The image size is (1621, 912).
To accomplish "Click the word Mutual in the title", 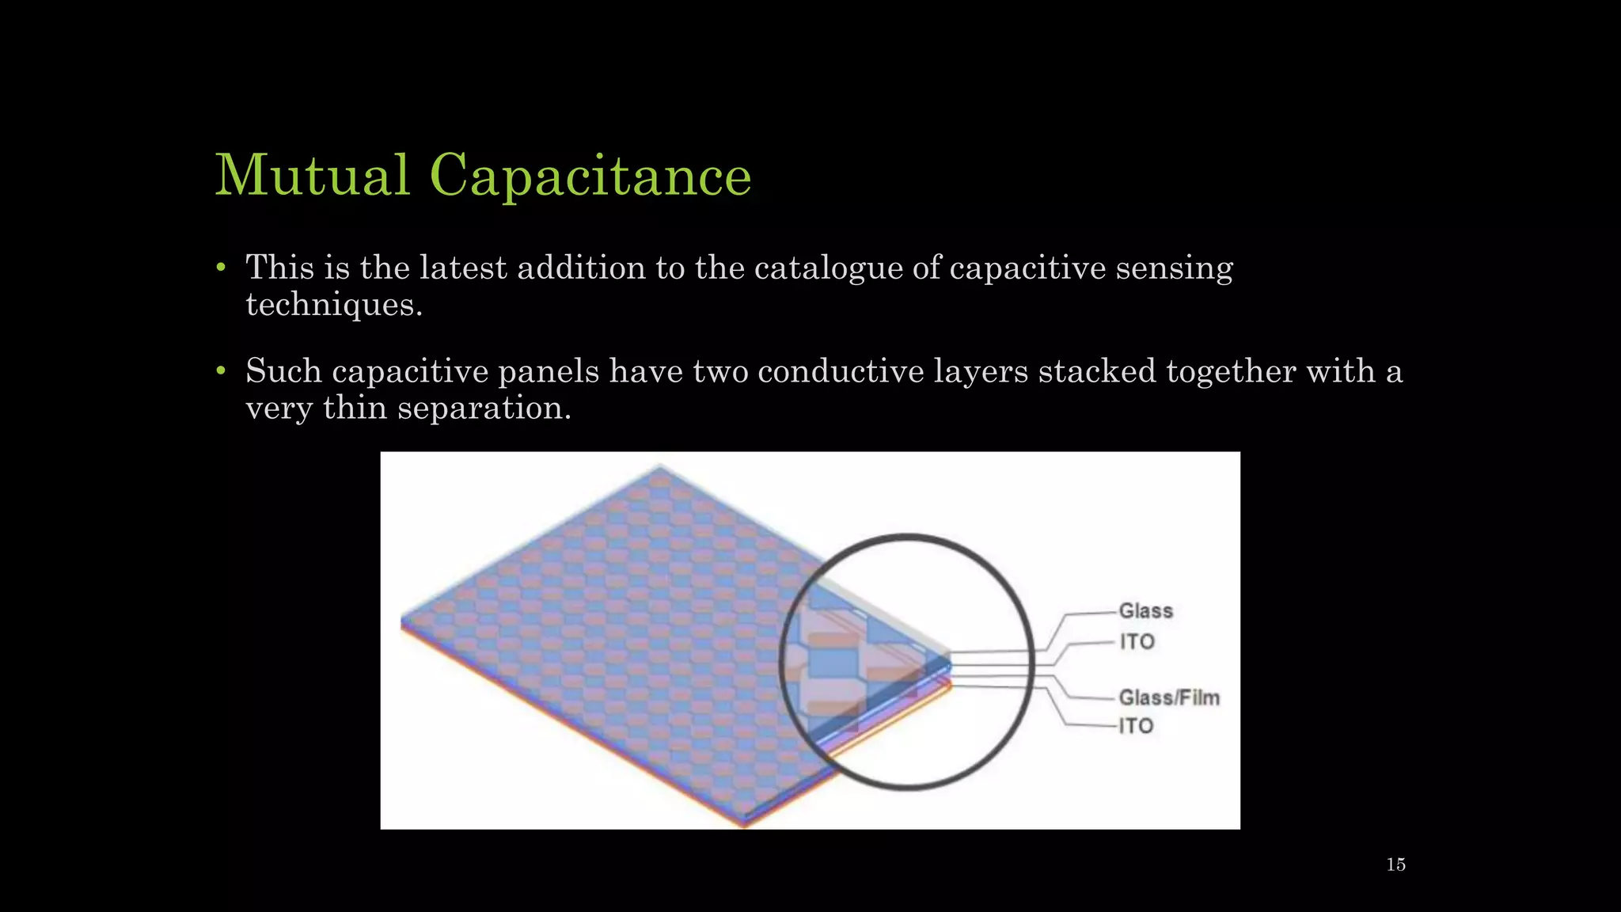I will pyautogui.click(x=313, y=175).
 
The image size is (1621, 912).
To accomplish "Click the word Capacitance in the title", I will pyautogui.click(x=590, y=177).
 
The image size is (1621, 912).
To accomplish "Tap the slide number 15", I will pyautogui.click(x=1395, y=864).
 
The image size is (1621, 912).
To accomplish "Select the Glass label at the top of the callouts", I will pyautogui.click(x=1145, y=611).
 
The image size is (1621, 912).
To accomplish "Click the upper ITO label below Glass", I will pyautogui.click(x=1137, y=642).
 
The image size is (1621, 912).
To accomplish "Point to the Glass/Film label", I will pyautogui.click(x=1169, y=697).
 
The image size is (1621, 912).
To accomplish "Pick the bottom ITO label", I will pyautogui.click(x=1136, y=726).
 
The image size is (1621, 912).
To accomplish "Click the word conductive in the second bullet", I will pyautogui.click(x=841, y=371).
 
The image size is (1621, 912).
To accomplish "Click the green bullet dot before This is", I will pyautogui.click(x=222, y=268).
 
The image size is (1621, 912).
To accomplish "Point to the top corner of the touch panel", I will pyautogui.click(x=660, y=468).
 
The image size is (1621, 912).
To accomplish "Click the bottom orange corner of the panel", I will pyautogui.click(x=743, y=823).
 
